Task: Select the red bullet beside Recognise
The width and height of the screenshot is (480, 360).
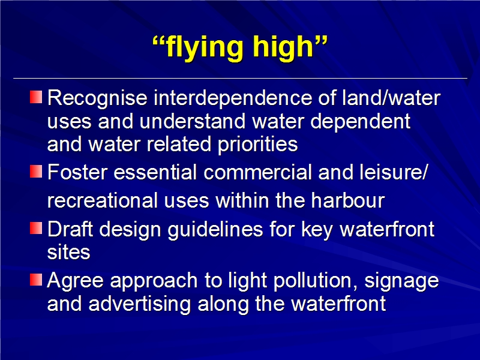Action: point(36,97)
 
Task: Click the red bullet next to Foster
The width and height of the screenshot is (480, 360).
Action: point(36,171)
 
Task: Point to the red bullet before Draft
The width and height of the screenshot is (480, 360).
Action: point(36,228)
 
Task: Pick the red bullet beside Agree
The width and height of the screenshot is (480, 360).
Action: point(36,280)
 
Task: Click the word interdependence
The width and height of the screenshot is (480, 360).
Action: point(233,98)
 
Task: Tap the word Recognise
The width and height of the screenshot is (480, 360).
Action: point(97,98)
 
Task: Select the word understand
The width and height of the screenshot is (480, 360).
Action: point(192,121)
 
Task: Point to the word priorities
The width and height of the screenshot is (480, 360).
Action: point(257,145)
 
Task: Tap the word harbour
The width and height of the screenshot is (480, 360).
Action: point(348,200)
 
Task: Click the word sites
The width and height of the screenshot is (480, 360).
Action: point(68,252)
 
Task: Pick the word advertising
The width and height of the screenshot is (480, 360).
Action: point(140,304)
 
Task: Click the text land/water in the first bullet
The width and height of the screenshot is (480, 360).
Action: point(391,98)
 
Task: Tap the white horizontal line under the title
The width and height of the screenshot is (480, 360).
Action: point(241,79)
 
